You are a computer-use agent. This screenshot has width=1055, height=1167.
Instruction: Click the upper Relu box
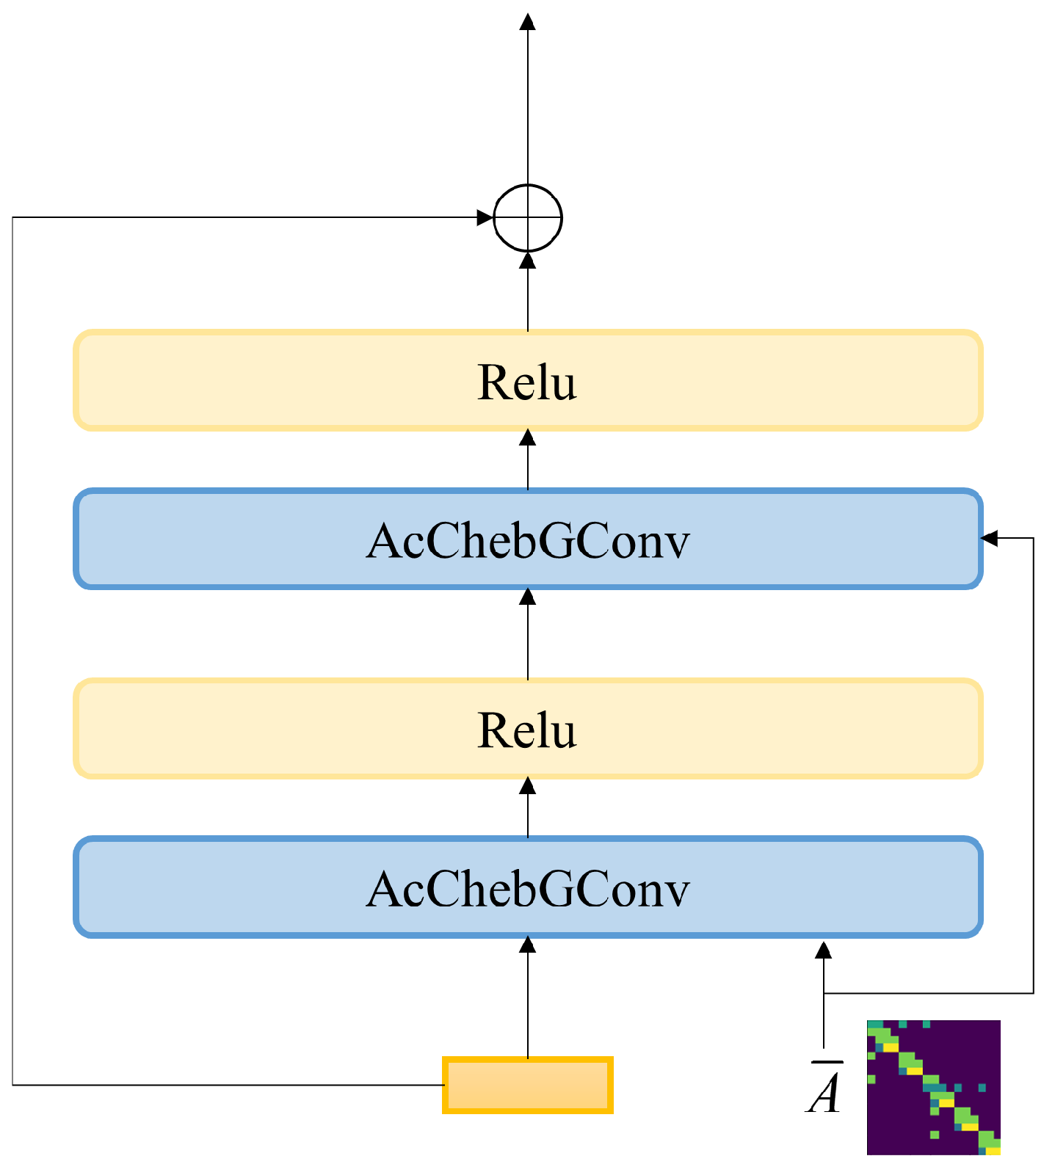point(527,380)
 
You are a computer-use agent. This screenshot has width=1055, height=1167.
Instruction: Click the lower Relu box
point(527,729)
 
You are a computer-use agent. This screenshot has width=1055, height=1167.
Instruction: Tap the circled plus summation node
point(527,218)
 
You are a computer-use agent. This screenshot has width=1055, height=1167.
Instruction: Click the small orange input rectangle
point(527,1086)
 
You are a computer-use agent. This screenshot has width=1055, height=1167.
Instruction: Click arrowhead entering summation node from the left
point(485,218)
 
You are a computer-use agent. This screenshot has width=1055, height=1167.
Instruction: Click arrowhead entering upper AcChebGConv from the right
point(990,538)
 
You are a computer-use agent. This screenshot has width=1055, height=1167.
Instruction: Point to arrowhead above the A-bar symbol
point(824,950)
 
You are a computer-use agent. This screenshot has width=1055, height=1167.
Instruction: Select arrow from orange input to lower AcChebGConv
point(527,998)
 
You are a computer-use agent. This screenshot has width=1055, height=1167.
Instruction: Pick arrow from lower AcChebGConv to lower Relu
point(527,807)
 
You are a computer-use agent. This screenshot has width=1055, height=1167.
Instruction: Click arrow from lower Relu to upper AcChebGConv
point(527,635)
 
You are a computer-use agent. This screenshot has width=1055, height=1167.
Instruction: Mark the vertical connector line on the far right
point(1034,763)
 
